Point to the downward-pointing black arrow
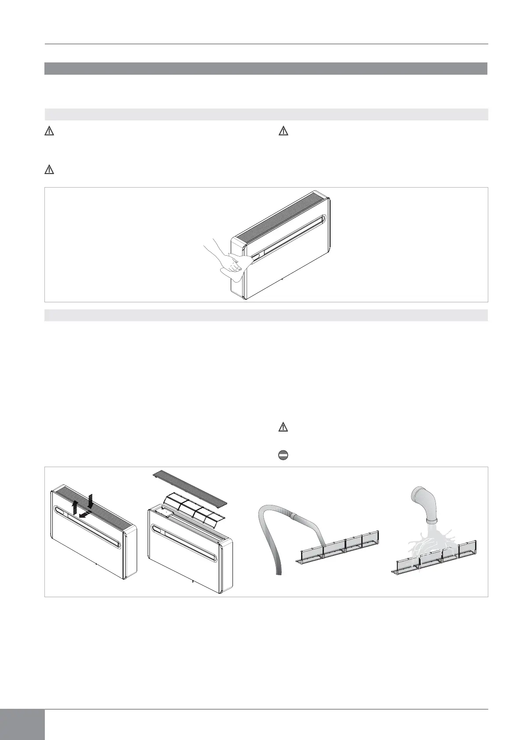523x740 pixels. coord(91,500)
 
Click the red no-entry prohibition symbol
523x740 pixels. coord(283,456)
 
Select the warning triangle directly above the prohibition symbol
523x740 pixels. coord(283,427)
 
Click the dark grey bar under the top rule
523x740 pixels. coord(266,69)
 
